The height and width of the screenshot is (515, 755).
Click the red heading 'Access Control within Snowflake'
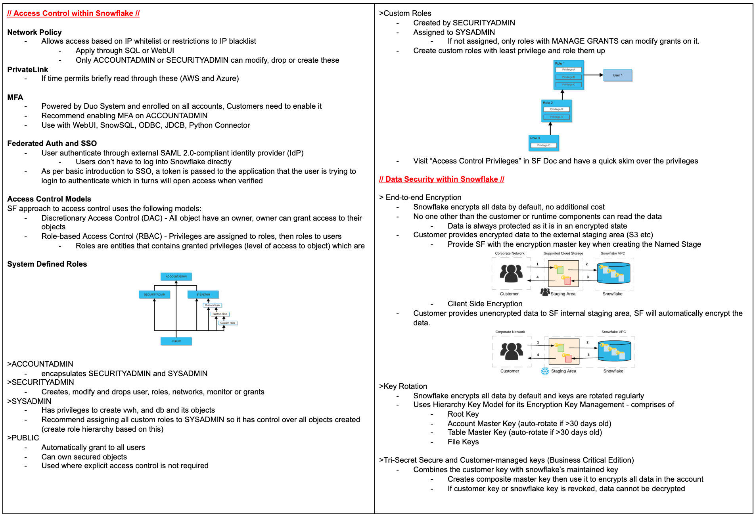[73, 13]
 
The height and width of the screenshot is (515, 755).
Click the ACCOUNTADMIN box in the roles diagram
[176, 277]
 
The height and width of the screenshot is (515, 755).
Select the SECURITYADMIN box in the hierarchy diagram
[154, 294]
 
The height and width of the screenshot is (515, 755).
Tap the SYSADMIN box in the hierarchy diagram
[203, 294]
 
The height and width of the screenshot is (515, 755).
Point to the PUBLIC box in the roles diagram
[176, 341]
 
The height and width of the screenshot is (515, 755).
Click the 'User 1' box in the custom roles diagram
[617, 75]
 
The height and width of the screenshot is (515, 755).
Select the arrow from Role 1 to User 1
[593, 75]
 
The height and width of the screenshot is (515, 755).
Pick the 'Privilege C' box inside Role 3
[544, 145]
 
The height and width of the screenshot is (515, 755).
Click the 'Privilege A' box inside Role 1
[568, 69]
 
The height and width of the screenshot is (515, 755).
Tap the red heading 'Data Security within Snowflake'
[441, 179]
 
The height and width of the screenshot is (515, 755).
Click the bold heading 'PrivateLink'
[28, 69]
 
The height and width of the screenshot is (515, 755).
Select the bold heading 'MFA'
[15, 97]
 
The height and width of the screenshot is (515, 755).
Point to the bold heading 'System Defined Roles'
[47, 264]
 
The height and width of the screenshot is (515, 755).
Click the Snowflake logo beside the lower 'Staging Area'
[545, 371]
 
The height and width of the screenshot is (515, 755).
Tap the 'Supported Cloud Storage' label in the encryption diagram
[563, 253]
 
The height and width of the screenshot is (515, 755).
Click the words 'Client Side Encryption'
[485, 304]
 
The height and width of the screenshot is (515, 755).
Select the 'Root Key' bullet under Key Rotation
[463, 414]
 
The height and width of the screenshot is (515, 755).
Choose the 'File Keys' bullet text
[463, 442]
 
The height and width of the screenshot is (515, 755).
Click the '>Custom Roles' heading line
[405, 13]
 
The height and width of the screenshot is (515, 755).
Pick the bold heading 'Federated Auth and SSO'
[52, 143]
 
